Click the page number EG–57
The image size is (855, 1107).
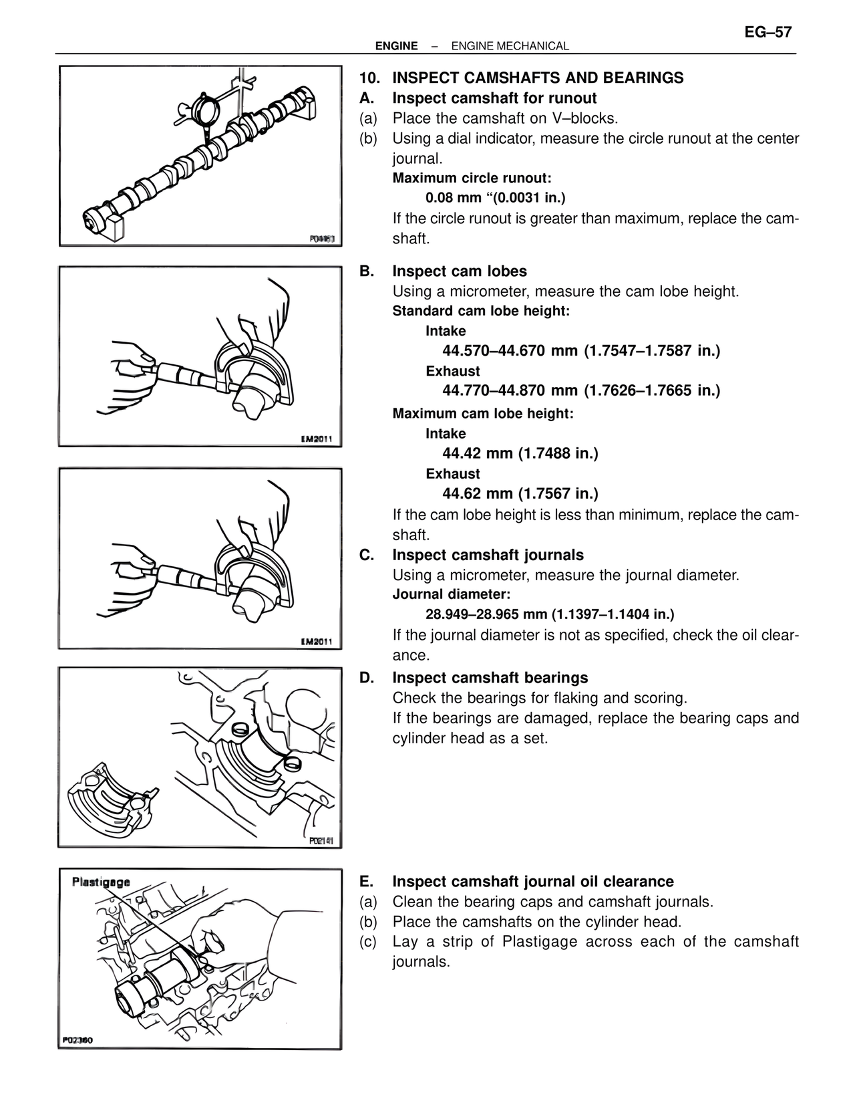tap(767, 32)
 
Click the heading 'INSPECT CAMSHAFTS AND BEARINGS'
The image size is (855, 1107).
tap(538, 78)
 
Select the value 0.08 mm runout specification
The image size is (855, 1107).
tap(495, 198)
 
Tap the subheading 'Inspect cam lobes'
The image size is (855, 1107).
tap(460, 271)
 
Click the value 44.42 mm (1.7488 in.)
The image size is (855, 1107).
tap(520, 454)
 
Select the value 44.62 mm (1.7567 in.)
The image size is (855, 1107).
tap(520, 494)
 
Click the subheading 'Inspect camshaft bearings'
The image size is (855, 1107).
tap(490, 678)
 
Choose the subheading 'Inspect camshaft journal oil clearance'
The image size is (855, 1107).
tap(533, 882)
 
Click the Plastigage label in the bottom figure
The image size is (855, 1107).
tap(101, 882)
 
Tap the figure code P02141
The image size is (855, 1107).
tap(321, 841)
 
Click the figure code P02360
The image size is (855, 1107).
tap(78, 1040)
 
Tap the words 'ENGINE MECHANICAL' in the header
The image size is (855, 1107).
tap(510, 46)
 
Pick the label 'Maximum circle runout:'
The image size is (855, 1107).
tap(472, 178)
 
